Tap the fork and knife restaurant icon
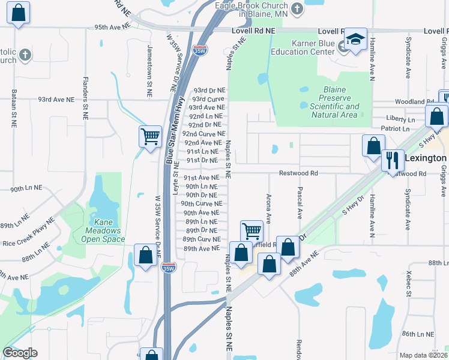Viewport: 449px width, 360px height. tap(393, 160)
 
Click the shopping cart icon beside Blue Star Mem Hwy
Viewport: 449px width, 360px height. tap(149, 136)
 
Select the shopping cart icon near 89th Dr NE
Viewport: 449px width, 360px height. tap(252, 231)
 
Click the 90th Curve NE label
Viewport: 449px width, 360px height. tap(202, 204)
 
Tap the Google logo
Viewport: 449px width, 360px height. tap(20, 353)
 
